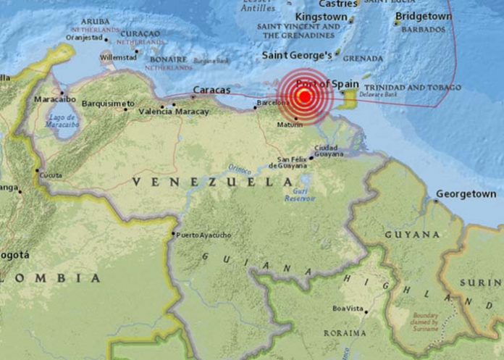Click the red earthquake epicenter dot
point(305,96)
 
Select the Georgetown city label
point(466,194)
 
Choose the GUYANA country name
point(412,235)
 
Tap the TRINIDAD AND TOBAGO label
point(419,87)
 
